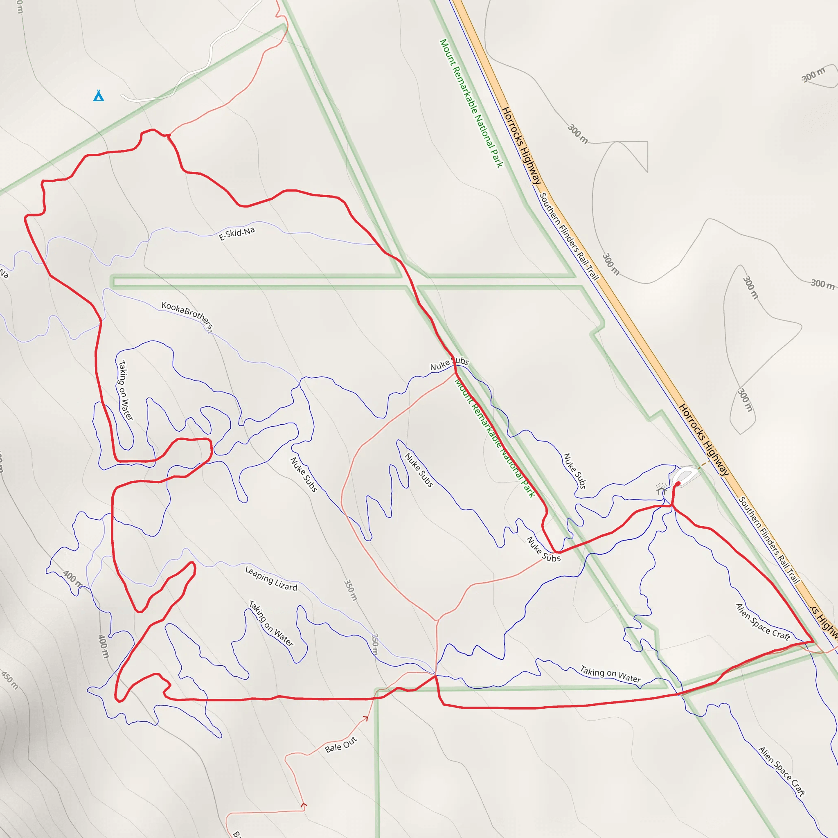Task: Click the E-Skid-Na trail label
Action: tap(237, 233)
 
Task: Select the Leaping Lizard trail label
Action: tap(271, 579)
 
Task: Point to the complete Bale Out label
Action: tap(340, 744)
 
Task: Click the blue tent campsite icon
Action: tap(99, 95)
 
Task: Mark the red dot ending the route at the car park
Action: tap(678, 483)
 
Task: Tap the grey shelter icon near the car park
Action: tap(661, 491)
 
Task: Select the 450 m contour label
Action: tap(9, 680)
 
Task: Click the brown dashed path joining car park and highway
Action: tap(703, 464)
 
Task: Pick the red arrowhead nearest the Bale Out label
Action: tap(365, 719)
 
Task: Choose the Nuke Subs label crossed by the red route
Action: tap(449, 364)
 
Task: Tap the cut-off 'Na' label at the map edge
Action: tap(4, 273)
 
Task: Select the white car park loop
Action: tap(685, 475)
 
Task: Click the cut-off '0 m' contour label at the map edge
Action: tap(20, 7)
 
